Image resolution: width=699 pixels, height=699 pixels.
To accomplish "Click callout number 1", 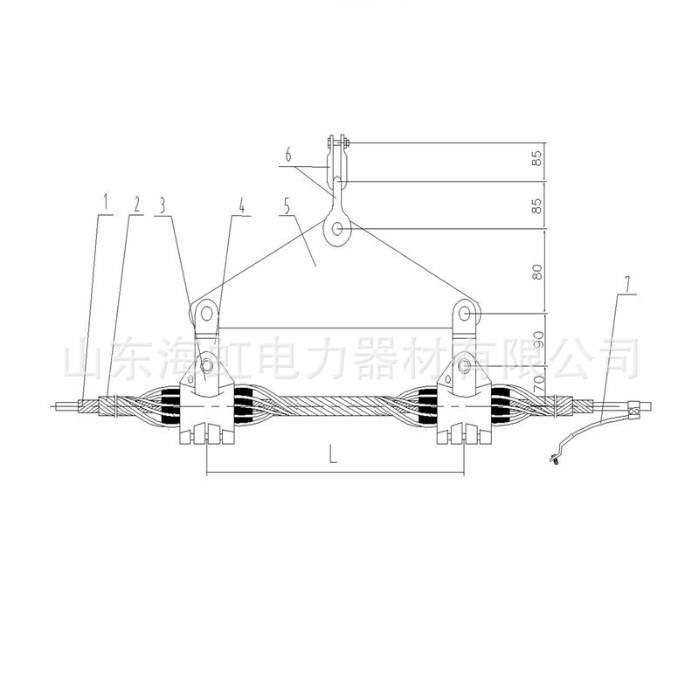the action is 106,202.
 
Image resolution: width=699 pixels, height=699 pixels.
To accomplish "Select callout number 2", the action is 136,204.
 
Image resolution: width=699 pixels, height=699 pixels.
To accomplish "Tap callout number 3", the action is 163,205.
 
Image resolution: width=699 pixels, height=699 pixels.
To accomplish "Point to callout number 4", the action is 242,205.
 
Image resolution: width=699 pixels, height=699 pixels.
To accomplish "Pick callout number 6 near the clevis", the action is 288,155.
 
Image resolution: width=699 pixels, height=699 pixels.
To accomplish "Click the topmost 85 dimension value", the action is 537,158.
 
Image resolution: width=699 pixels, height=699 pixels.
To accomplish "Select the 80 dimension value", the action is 537,272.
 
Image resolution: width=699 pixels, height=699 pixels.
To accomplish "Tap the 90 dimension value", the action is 538,339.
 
